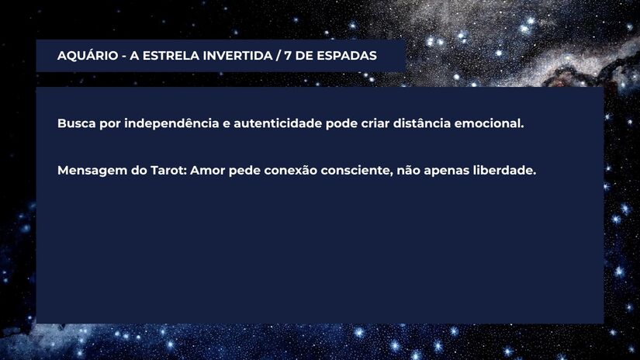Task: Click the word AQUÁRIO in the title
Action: (x=88, y=56)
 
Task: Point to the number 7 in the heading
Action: (x=288, y=56)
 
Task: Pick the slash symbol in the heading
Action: (x=278, y=56)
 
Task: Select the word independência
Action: (x=171, y=123)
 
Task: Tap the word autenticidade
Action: (x=278, y=123)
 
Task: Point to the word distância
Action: (x=422, y=123)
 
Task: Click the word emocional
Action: (x=489, y=123)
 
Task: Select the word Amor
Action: (x=207, y=171)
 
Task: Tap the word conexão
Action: (x=290, y=171)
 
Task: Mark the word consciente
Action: (x=357, y=171)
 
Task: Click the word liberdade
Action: (x=504, y=171)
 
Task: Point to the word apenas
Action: (x=447, y=171)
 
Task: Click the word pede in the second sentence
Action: (x=244, y=171)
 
